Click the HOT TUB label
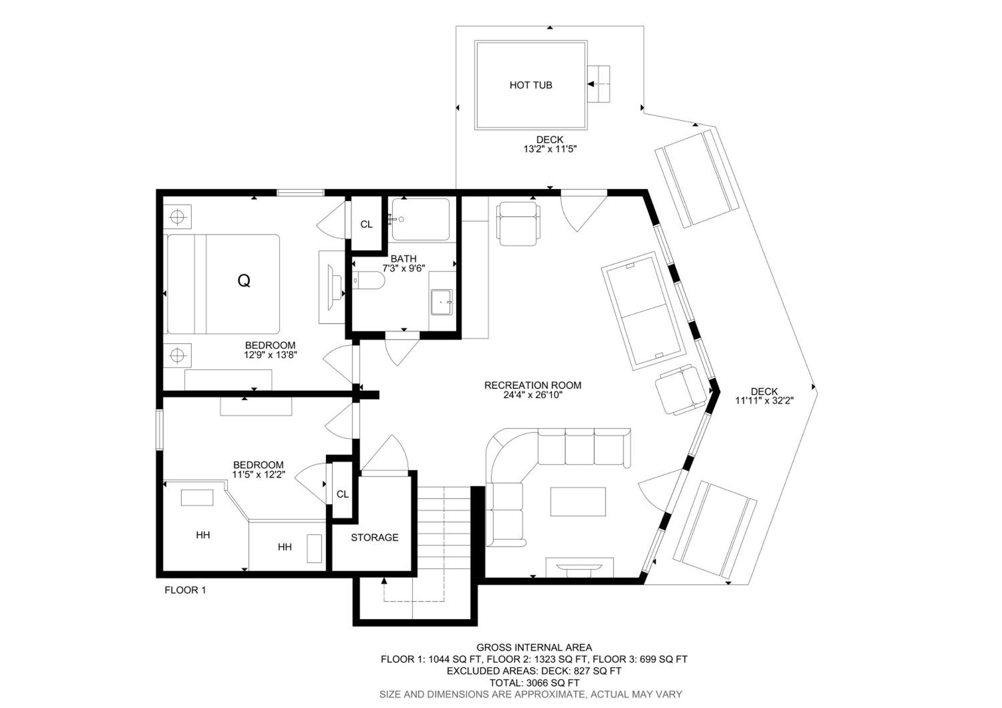click(531, 85)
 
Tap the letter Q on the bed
click(244, 281)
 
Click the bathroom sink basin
click(442, 302)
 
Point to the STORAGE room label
click(374, 537)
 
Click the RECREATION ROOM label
click(533, 385)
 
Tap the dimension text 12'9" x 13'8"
click(271, 355)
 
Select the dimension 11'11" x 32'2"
click(764, 400)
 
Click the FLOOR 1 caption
click(185, 590)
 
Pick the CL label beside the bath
click(367, 224)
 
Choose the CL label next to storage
click(343, 494)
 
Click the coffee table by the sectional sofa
click(578, 501)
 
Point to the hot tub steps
click(598, 84)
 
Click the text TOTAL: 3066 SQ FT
click(534, 683)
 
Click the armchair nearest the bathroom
click(518, 223)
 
